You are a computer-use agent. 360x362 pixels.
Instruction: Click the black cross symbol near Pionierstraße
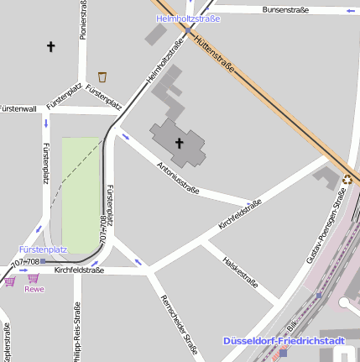pyautogui.click(x=50, y=47)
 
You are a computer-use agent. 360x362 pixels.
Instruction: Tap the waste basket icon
pyautogui.click(x=102, y=76)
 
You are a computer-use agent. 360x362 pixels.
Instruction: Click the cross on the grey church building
pyautogui.click(x=178, y=143)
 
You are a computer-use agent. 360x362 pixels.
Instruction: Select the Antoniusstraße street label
pyautogui.click(x=178, y=178)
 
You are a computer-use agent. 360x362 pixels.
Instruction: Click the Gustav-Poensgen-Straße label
pyautogui.click(x=326, y=227)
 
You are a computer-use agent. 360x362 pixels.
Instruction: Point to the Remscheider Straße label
pyautogui.click(x=179, y=326)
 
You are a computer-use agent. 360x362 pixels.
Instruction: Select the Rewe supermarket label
pyautogui.click(x=34, y=289)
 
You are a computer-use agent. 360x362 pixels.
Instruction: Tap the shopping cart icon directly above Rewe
pyautogui.click(x=33, y=277)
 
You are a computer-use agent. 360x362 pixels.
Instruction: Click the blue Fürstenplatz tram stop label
pyautogui.click(x=43, y=249)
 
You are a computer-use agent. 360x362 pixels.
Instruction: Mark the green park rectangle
pyautogui.click(x=81, y=195)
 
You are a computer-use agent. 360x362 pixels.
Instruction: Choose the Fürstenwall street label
pyautogui.click(x=18, y=109)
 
